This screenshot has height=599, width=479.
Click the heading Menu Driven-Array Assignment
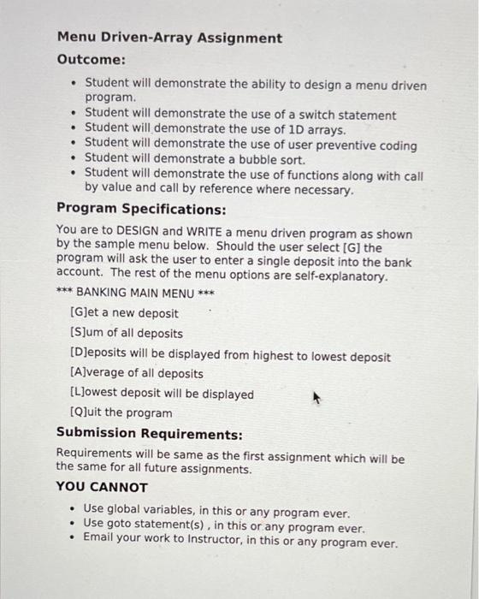[169, 38]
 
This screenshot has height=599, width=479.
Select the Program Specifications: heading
[141, 209]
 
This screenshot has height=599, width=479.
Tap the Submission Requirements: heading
[149, 434]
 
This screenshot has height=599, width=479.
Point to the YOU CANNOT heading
[102, 487]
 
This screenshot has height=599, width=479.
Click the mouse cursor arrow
[316, 397]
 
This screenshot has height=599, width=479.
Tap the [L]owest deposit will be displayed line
[162, 394]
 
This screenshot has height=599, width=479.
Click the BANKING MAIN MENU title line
[133, 294]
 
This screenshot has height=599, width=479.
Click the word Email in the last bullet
[101, 543]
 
